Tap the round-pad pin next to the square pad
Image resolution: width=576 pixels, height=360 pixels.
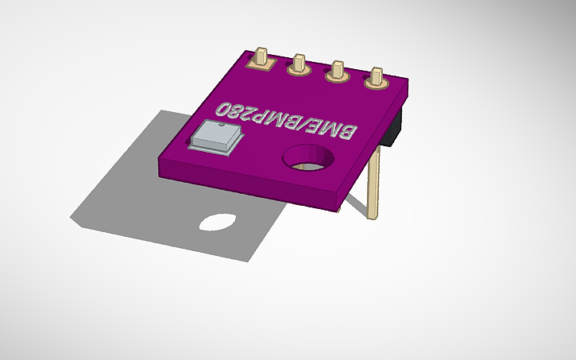tap(300, 64)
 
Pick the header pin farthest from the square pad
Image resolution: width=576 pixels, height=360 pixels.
tap(374, 78)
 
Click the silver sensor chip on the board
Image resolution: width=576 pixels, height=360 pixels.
tap(214, 137)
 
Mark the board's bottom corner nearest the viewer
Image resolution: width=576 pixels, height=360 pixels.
tap(334, 208)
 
